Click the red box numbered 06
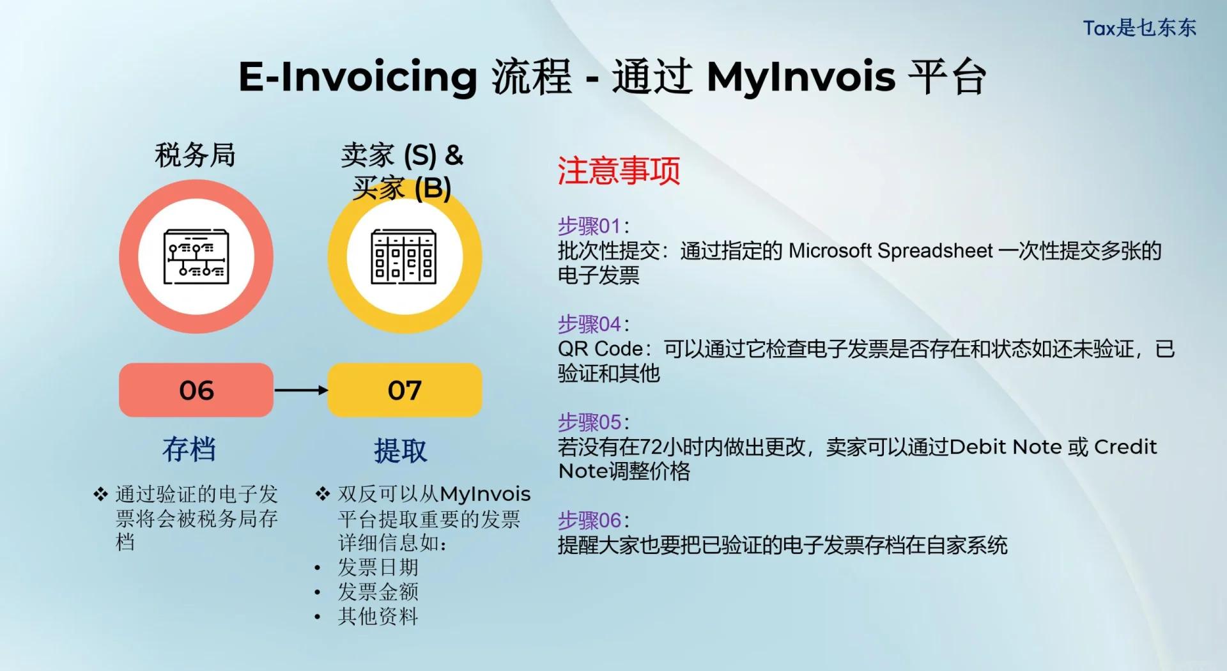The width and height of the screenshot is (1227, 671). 196,390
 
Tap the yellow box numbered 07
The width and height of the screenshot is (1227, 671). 405,390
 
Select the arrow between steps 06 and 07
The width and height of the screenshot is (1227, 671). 301,390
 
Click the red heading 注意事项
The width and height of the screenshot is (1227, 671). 619,171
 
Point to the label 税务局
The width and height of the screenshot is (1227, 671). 195,155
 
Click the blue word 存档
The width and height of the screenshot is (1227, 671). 189,449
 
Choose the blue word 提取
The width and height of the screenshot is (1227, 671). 401,451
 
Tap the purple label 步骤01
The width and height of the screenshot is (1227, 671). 589,226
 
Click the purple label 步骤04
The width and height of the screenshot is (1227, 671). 589,324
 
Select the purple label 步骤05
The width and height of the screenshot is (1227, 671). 589,422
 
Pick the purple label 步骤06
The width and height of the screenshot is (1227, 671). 589,521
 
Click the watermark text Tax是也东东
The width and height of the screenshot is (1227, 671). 1139,28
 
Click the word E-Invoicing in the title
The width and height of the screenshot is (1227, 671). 358,77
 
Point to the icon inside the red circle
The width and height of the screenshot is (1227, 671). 196,256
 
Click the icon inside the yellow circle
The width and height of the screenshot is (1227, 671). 404,256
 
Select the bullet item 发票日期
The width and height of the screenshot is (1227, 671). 378,567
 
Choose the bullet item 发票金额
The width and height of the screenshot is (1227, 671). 378,592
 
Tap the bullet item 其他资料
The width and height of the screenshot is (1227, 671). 378,616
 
